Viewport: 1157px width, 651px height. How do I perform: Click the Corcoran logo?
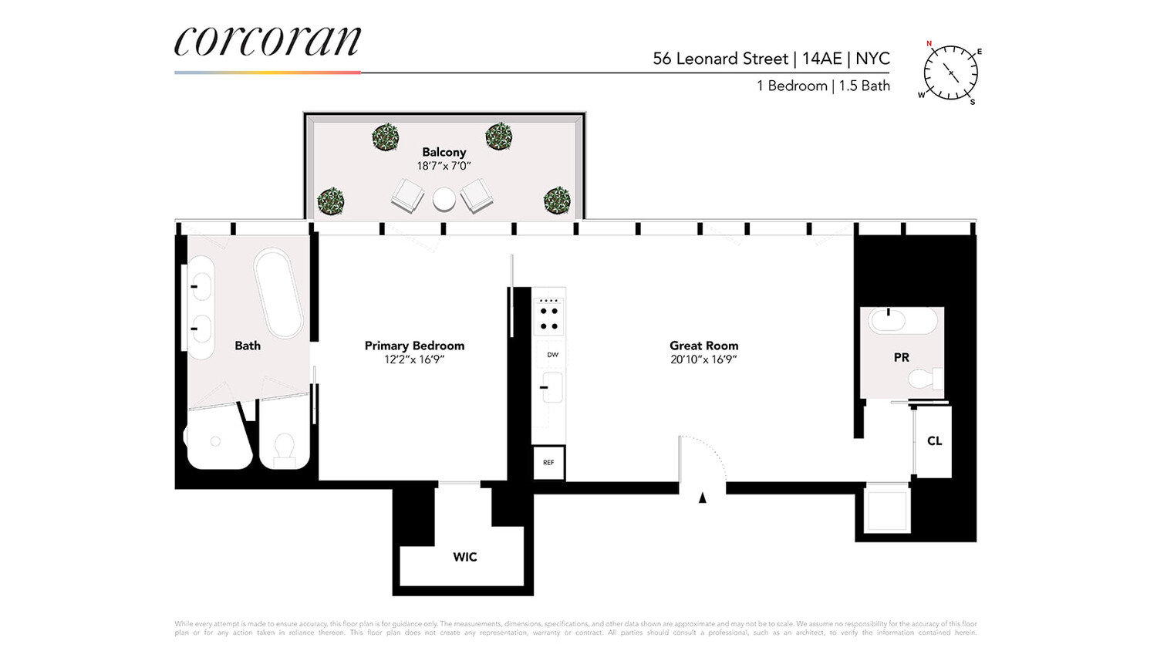click(x=267, y=42)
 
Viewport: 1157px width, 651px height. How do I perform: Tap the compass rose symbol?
click(x=951, y=73)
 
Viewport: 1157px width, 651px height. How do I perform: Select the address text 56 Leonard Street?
click(x=720, y=59)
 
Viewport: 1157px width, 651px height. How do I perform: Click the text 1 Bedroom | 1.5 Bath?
click(x=823, y=86)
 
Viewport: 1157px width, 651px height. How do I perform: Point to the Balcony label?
click(x=444, y=152)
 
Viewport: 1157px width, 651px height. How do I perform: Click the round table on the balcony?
click(x=444, y=199)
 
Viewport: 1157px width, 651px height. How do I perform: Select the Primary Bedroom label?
click(x=414, y=346)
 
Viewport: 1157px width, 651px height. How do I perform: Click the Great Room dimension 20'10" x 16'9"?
click(x=703, y=359)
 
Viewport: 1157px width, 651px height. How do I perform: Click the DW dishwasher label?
click(x=552, y=355)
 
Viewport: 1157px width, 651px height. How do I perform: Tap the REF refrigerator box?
click(x=548, y=463)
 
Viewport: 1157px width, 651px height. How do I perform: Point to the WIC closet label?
click(x=465, y=557)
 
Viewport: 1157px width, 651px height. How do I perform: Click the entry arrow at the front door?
click(x=702, y=498)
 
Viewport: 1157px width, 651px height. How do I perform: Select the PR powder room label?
click(x=901, y=357)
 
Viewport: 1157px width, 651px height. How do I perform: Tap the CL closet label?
click(x=934, y=441)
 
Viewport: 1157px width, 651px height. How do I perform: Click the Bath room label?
click(x=248, y=346)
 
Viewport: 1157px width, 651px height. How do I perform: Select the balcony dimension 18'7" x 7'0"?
click(x=444, y=166)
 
